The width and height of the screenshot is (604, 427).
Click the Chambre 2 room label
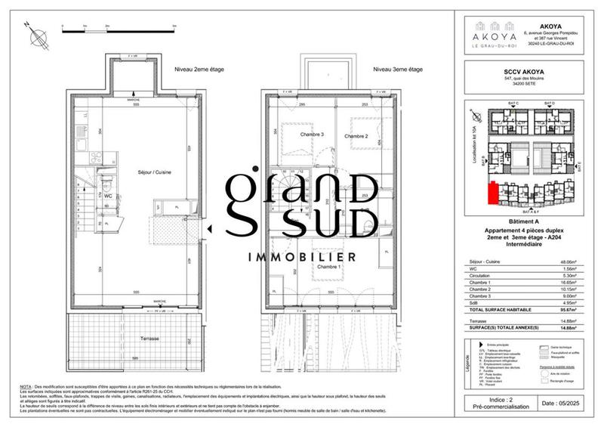(x=356, y=136)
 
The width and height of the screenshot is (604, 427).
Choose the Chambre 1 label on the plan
(x=329, y=267)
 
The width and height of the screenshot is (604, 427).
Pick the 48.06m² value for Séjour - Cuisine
(x=565, y=262)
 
